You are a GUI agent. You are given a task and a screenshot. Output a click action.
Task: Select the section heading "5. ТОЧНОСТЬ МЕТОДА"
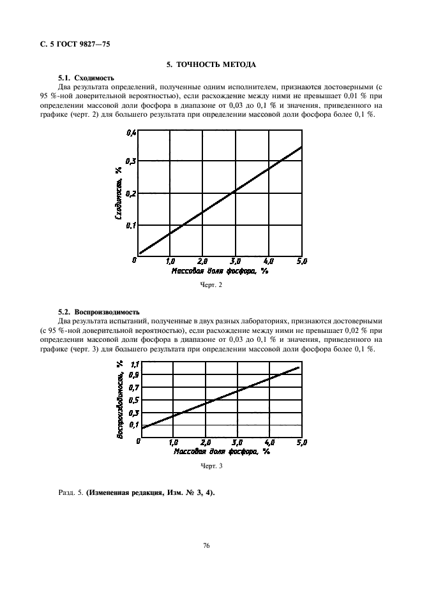click(x=211, y=64)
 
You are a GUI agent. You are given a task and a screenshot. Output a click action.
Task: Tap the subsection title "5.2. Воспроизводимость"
click(x=98, y=312)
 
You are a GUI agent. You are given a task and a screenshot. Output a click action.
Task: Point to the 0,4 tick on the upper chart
click(x=130, y=133)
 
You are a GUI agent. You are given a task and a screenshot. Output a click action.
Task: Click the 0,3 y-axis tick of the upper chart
click(x=130, y=161)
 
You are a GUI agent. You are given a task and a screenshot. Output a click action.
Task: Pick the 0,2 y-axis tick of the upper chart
click(x=130, y=193)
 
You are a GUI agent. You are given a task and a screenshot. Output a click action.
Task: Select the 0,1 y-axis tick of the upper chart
click(x=130, y=225)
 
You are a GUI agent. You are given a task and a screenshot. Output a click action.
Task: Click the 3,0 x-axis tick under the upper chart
click(x=234, y=261)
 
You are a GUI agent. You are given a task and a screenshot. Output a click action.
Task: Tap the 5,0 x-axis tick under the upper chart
click(x=301, y=261)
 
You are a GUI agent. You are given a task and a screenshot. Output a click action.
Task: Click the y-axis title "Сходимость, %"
click(x=119, y=193)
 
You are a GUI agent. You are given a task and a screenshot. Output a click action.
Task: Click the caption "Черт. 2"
click(x=211, y=285)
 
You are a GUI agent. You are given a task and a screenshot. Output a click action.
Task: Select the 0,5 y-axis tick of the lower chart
click(x=134, y=400)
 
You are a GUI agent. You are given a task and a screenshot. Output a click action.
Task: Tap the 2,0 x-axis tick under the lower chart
click(x=205, y=441)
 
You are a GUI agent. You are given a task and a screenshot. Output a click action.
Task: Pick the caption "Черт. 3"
click(x=211, y=466)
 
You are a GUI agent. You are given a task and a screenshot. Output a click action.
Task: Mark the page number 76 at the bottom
click(x=207, y=545)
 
